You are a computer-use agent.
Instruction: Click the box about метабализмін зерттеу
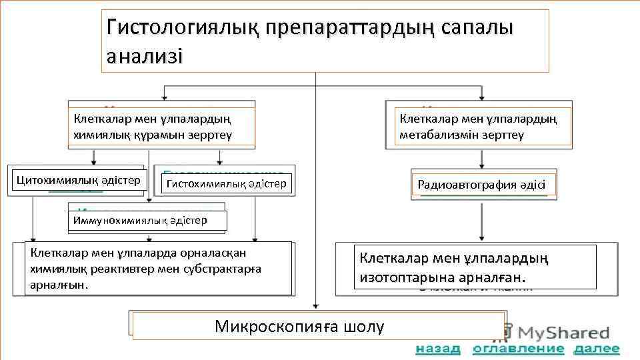coord(483,127)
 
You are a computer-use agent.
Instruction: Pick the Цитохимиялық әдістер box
coord(77,180)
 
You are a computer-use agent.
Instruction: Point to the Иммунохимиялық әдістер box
coord(147,220)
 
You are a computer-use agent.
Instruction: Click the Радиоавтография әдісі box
coord(481,185)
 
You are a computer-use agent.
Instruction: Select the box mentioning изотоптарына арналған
coord(475,267)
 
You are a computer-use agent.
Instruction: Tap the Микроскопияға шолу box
coord(317,327)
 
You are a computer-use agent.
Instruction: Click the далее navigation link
coord(597,349)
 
